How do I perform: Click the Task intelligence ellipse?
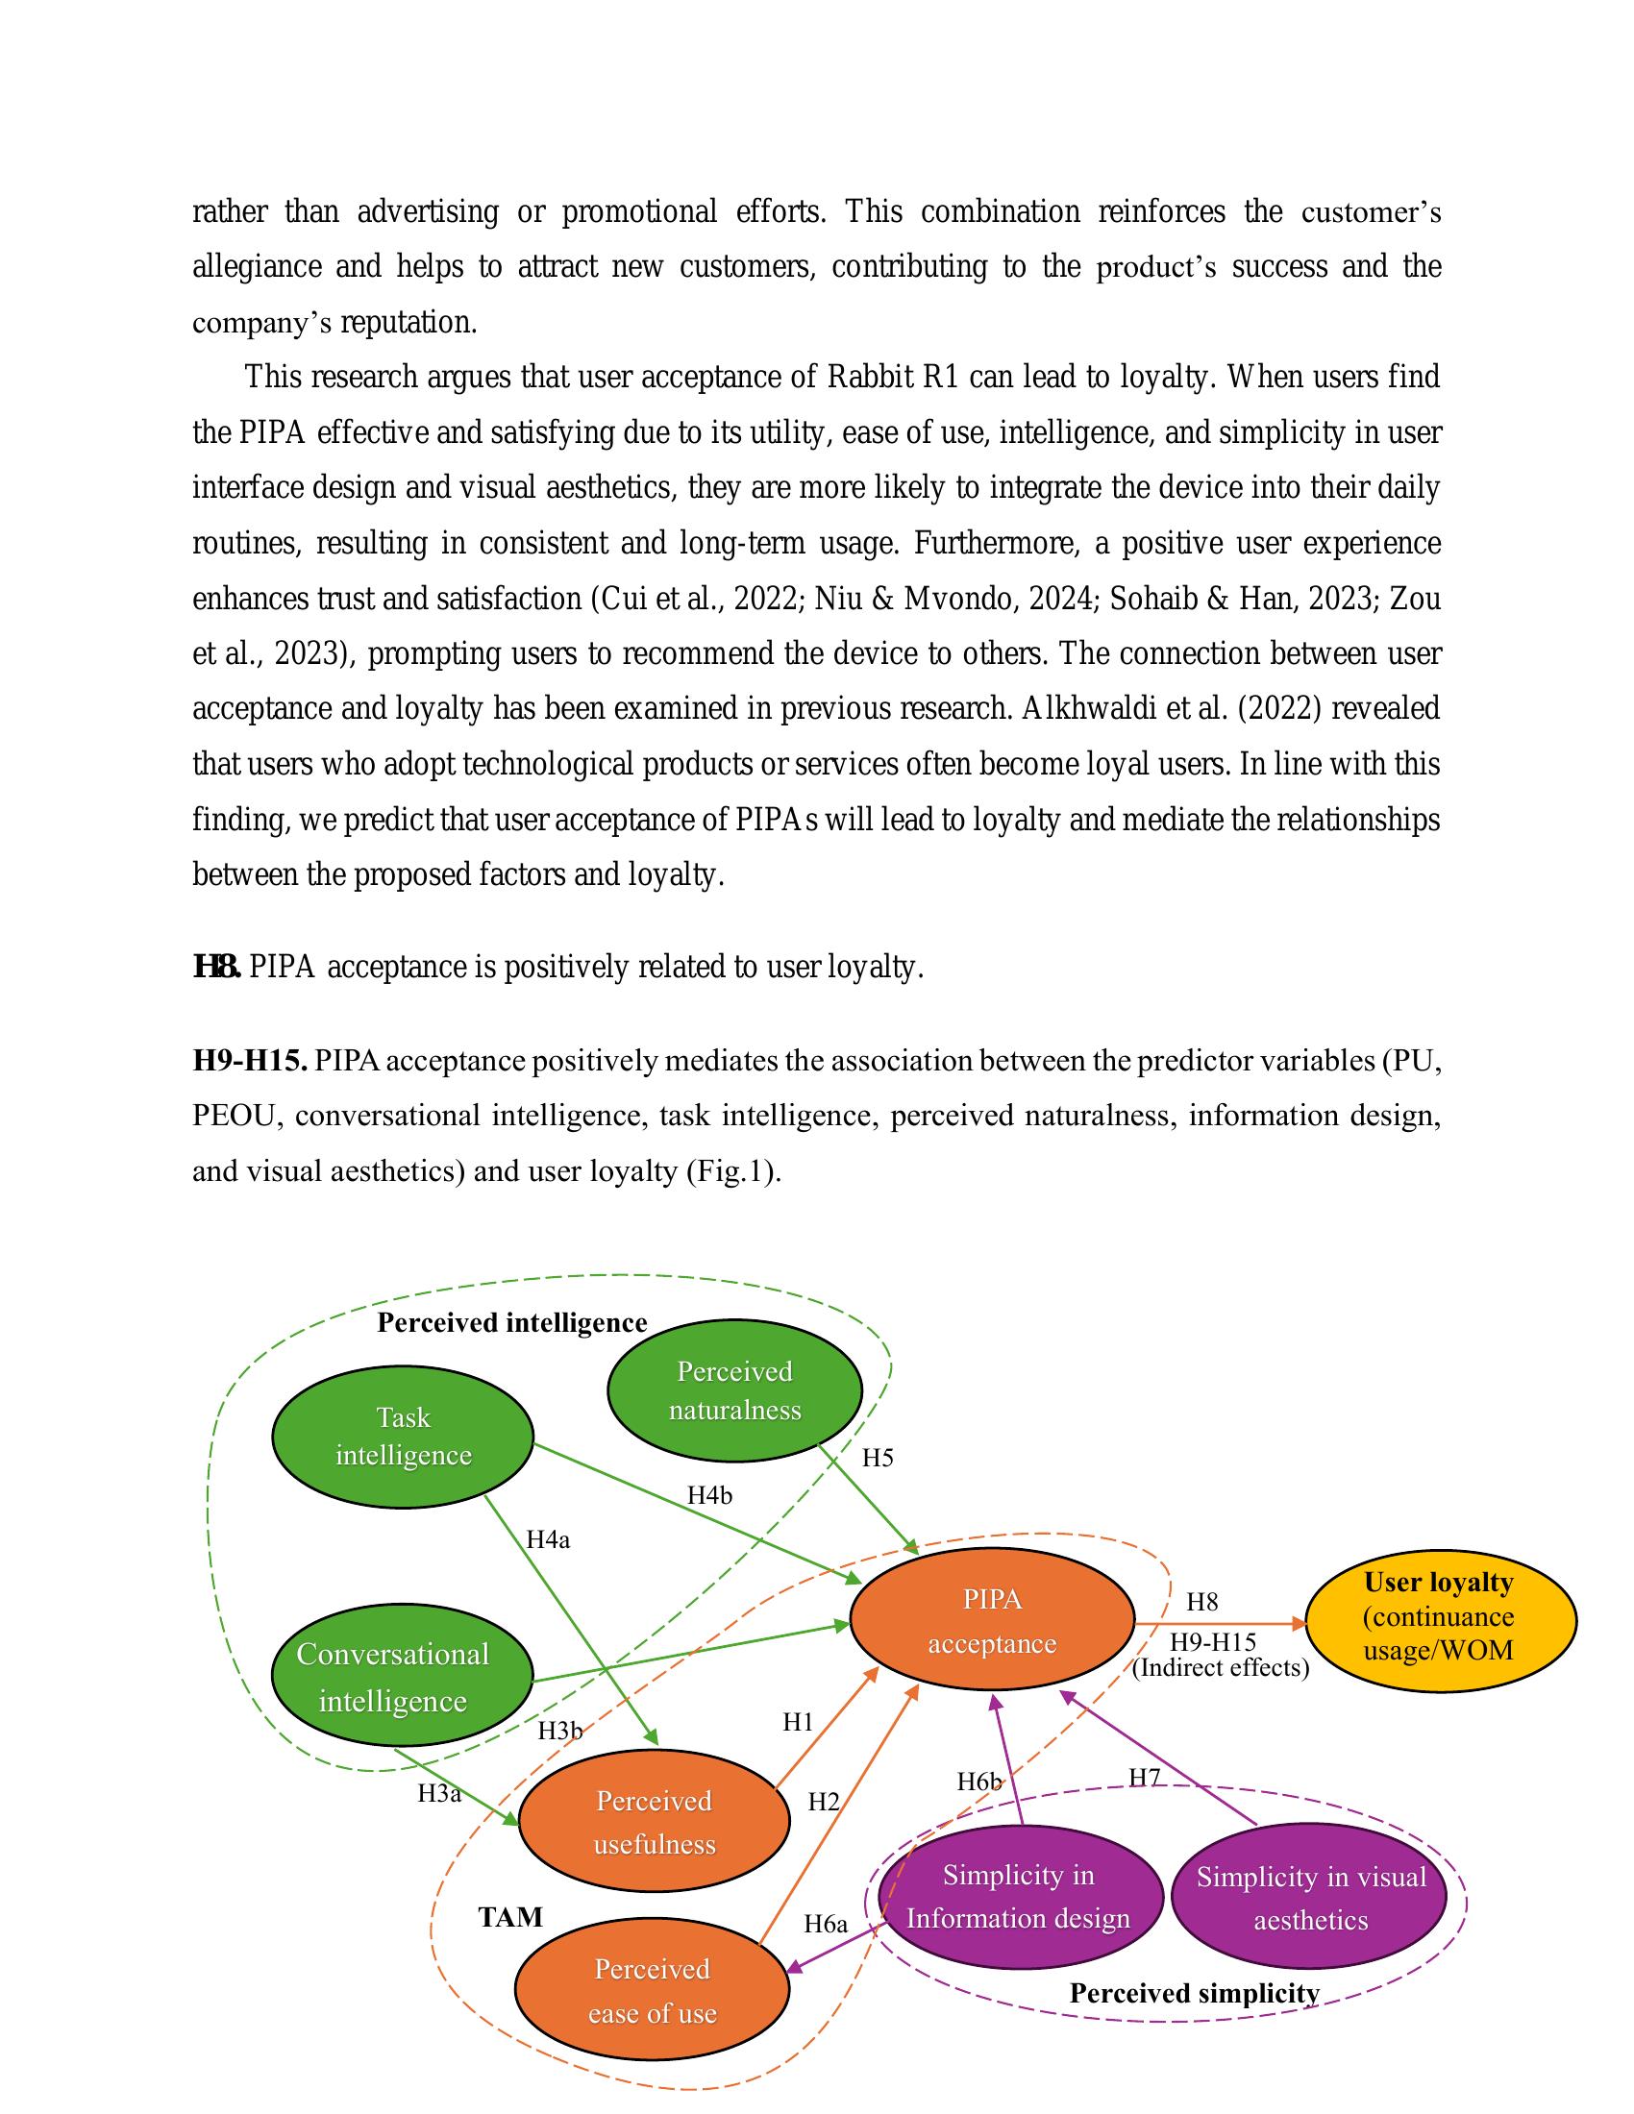click(x=403, y=1437)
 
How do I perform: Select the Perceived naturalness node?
click(x=734, y=1390)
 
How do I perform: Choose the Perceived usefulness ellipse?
click(x=655, y=1822)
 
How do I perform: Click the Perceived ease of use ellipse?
click(x=653, y=1991)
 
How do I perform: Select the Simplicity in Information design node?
click(x=1019, y=1897)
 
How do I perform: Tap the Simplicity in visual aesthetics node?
click(x=1311, y=1898)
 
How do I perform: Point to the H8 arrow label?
click(x=1201, y=1602)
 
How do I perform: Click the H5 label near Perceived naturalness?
click(x=877, y=1458)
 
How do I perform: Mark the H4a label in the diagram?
click(x=548, y=1540)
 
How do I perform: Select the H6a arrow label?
click(x=825, y=1925)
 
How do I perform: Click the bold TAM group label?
click(x=510, y=1917)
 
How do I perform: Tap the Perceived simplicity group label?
click(x=1194, y=1994)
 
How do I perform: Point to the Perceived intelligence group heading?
click(x=511, y=1322)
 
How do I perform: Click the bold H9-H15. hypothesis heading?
click(x=250, y=1061)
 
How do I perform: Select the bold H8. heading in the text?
click(x=217, y=966)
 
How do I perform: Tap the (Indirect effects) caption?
click(x=1220, y=1668)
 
